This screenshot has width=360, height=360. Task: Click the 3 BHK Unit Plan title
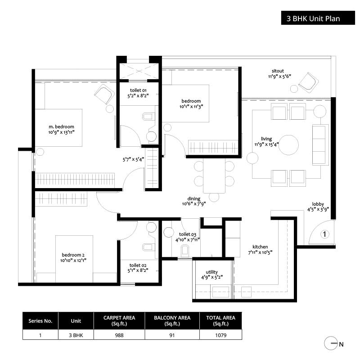[x=313, y=18]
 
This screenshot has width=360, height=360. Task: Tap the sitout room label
[x=278, y=71]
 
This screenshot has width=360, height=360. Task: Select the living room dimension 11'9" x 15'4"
[x=266, y=144]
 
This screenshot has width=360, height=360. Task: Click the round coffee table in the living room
[x=288, y=145]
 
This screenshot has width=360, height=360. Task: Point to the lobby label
[x=318, y=204]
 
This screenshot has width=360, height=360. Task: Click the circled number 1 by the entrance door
[x=324, y=234]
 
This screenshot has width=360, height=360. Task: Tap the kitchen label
[x=260, y=247]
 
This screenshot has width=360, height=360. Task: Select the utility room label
[x=211, y=272]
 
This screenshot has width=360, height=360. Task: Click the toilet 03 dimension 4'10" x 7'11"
[x=188, y=240]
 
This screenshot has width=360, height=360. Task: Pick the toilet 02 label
[x=138, y=265]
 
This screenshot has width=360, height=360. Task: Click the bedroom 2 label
[x=73, y=255]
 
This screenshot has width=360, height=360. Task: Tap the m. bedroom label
[x=61, y=127]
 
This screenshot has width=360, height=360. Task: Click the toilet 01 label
[x=138, y=90]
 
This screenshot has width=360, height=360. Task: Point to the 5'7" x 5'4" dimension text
[x=133, y=159]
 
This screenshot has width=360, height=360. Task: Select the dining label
[x=194, y=198]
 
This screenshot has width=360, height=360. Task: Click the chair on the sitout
[x=308, y=82]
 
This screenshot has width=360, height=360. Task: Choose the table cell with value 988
[x=119, y=335]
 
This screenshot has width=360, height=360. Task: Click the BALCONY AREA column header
[x=172, y=321]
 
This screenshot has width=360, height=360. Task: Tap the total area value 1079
[x=220, y=335]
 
